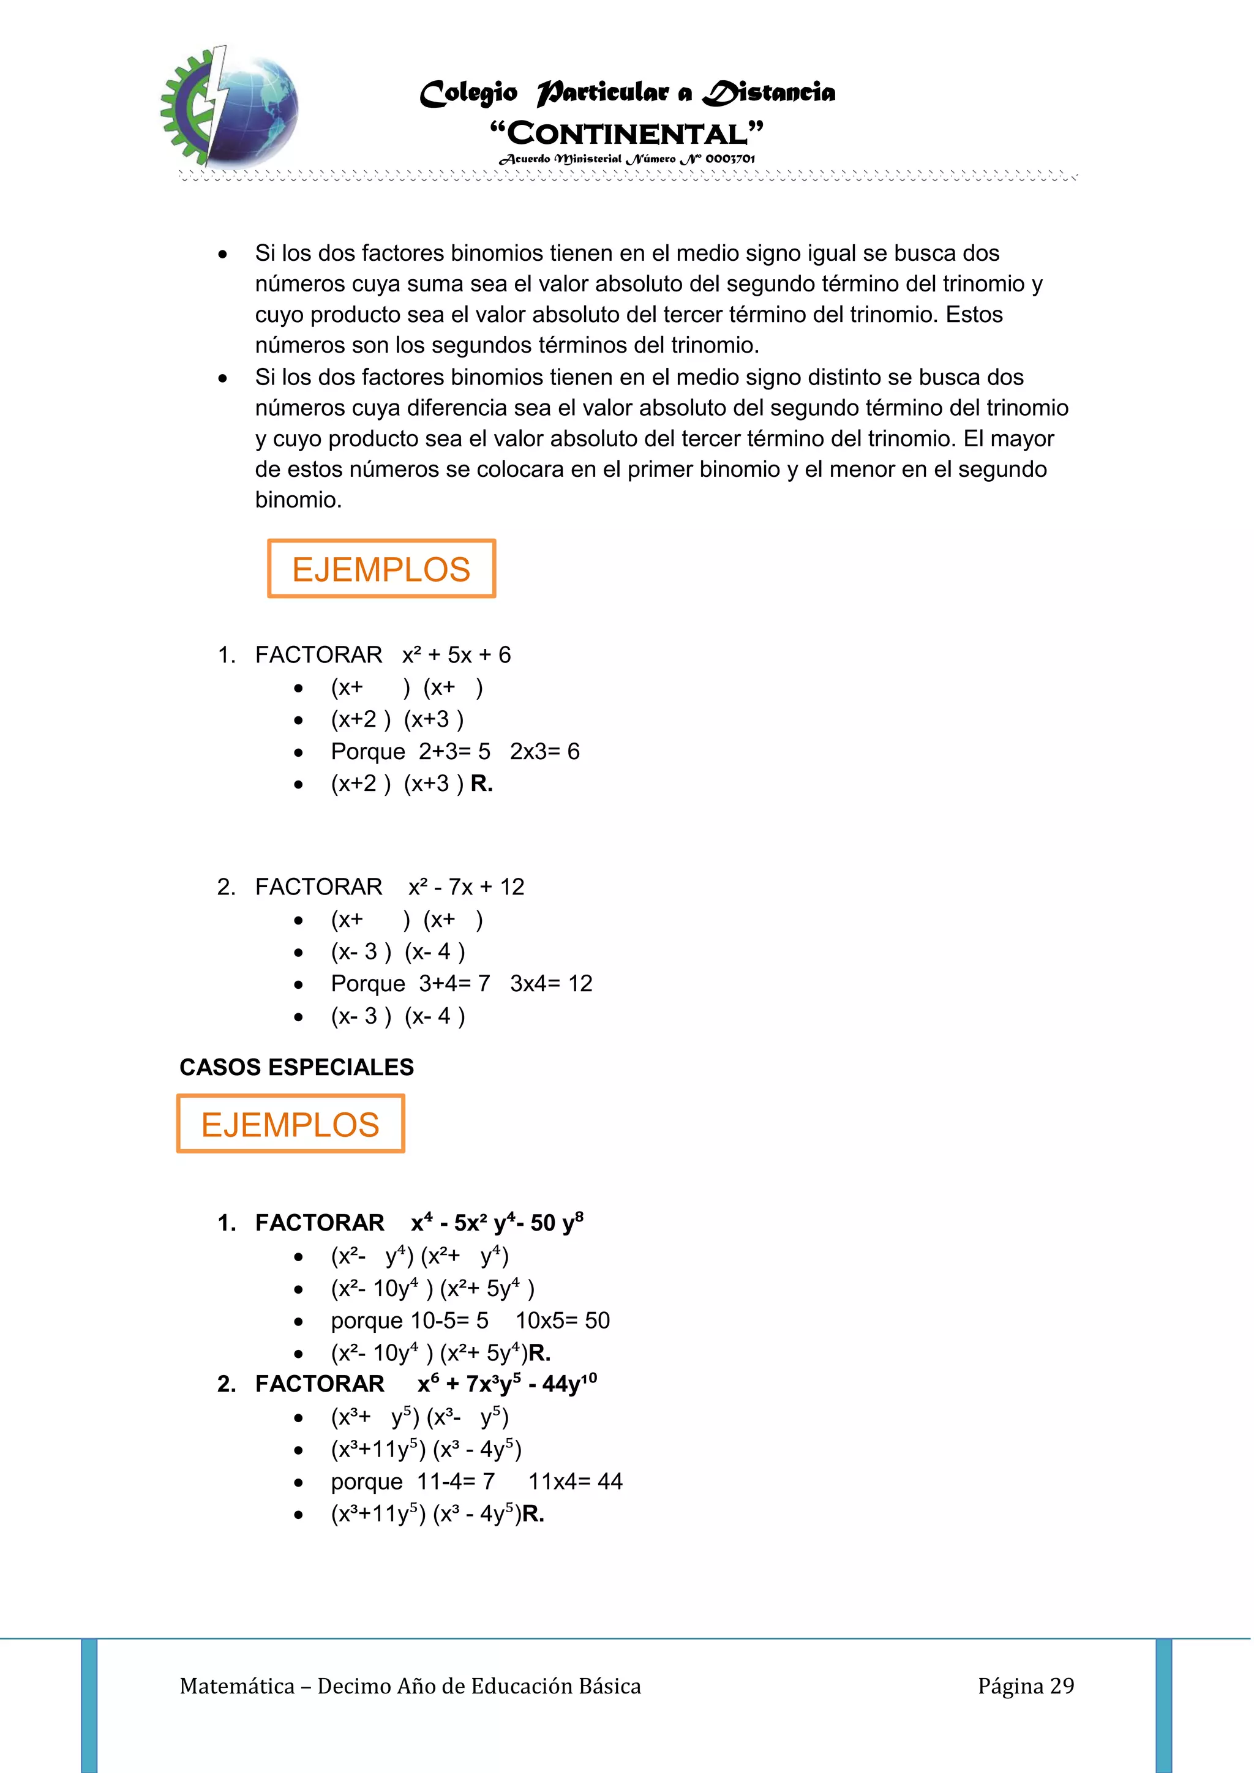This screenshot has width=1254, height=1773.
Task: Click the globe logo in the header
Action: [231, 107]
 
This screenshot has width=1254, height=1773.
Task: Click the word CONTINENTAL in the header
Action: [627, 133]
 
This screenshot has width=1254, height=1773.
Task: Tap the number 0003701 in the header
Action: [730, 159]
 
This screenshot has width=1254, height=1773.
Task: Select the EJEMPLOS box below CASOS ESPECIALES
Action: [290, 1124]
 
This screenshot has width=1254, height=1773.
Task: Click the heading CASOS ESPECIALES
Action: [296, 1067]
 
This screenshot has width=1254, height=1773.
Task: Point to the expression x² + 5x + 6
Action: [456, 656]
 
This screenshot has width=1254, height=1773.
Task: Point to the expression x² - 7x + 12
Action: [467, 887]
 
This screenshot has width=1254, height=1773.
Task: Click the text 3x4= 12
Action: [550, 984]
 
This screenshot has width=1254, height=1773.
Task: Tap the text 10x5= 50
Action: [562, 1321]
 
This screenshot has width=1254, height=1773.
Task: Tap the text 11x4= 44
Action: [576, 1482]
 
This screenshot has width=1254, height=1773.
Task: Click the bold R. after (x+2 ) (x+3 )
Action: [481, 784]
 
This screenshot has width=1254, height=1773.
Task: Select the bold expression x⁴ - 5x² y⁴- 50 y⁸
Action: [497, 1223]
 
